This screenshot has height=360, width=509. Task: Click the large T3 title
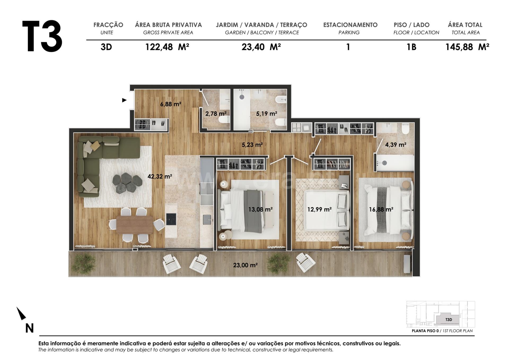[42, 36]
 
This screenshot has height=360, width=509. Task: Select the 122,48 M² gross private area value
[167, 47]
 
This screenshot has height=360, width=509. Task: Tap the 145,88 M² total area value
[467, 47]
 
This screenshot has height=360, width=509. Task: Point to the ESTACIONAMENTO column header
[350, 25]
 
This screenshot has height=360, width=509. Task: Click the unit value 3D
[106, 47]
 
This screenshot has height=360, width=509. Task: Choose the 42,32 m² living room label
[160, 176]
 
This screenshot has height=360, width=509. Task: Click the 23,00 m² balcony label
[245, 265]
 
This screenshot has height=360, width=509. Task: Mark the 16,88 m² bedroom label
[381, 209]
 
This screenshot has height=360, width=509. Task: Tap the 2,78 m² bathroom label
[216, 113]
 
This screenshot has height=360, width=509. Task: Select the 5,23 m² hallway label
[252, 145]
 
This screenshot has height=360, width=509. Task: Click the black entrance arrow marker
[124, 100]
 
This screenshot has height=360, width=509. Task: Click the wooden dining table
[134, 225]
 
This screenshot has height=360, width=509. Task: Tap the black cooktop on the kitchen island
[171, 219]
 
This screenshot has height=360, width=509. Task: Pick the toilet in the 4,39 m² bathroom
[405, 130]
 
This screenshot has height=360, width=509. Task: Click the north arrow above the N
[21, 313]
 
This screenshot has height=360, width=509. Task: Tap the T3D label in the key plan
[449, 320]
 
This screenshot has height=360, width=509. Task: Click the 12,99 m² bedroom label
[319, 209]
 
